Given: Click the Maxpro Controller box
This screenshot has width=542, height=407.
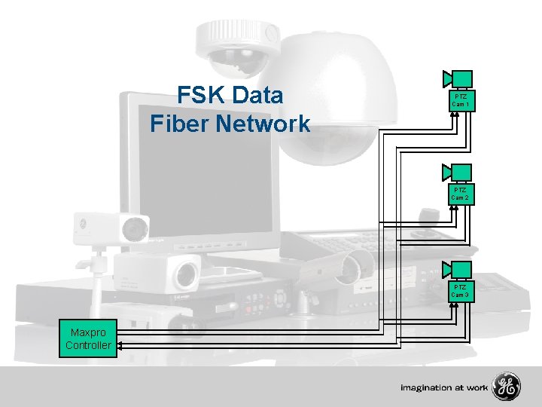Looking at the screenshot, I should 89,338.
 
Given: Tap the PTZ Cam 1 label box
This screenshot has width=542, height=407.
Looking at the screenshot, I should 461,101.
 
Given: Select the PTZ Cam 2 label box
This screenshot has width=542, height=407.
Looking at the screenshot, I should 461,194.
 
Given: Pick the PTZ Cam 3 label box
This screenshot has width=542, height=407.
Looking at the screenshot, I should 461,291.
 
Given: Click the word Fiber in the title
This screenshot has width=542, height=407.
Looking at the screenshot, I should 178,124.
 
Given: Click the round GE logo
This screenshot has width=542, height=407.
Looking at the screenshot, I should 506,387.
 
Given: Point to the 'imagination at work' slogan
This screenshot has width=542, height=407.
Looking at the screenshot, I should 444,387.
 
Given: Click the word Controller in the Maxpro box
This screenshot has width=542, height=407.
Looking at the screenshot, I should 89,345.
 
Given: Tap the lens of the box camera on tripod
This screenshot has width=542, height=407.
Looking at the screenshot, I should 135,226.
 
